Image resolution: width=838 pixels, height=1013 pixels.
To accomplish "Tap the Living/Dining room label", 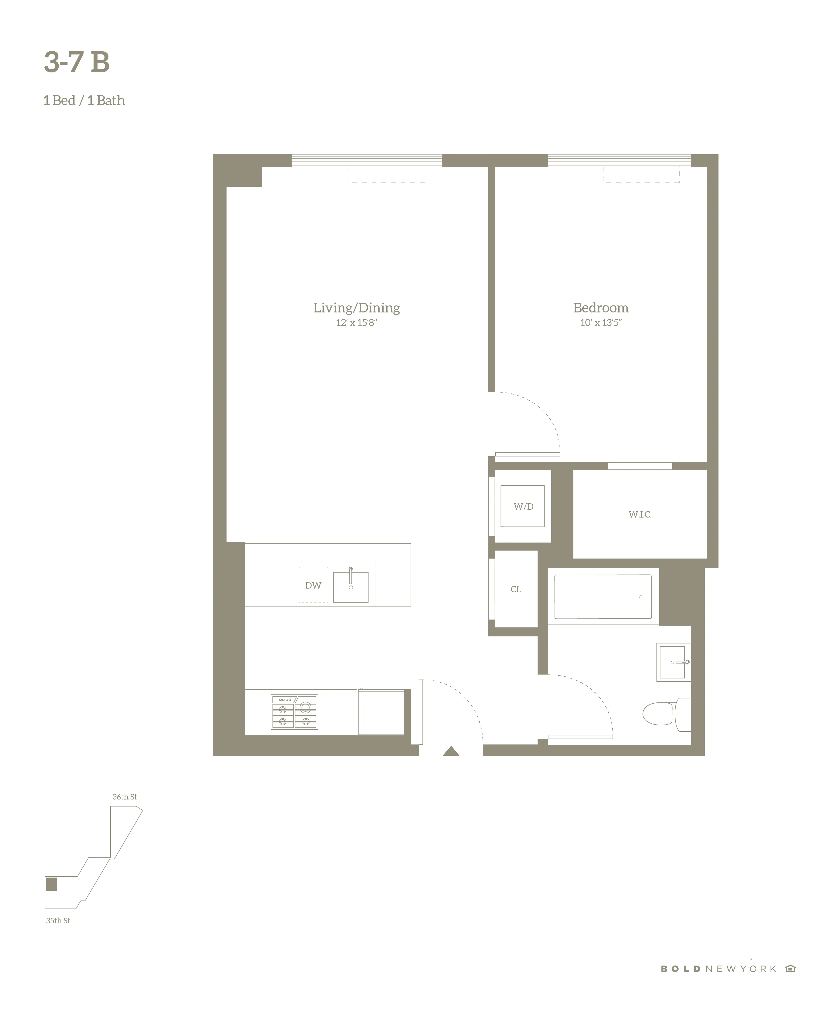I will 356,308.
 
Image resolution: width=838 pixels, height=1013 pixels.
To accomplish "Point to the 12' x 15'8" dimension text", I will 356,323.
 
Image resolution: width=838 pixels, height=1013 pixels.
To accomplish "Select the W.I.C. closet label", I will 640,515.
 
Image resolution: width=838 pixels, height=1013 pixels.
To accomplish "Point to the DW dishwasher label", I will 313,586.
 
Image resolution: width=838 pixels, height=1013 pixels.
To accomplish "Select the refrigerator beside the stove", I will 381,712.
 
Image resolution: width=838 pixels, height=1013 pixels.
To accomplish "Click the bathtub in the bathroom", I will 603,597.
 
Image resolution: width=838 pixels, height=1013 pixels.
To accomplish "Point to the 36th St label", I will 125,797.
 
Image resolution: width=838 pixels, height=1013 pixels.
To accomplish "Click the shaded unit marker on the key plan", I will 51,884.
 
